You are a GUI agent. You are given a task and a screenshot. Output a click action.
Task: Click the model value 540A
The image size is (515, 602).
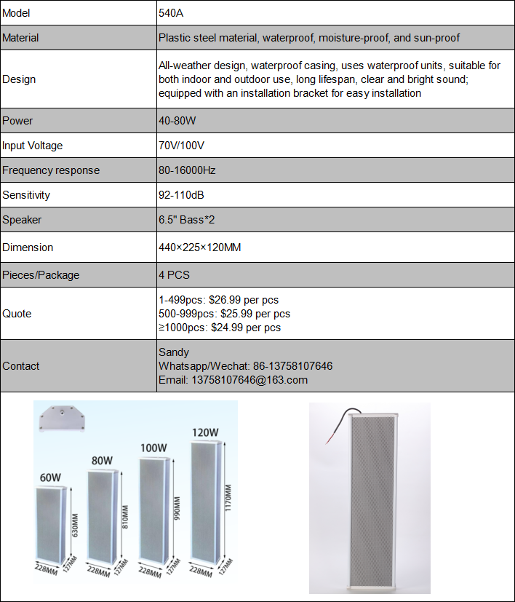point(171,13)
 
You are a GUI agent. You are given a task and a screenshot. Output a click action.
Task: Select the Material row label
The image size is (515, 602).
point(20,38)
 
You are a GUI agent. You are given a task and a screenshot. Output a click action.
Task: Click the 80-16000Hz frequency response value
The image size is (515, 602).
point(187,170)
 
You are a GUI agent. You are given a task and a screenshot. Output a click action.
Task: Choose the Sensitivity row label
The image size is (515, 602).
point(25,195)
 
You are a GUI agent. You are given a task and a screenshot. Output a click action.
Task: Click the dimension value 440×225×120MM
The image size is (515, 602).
point(200,247)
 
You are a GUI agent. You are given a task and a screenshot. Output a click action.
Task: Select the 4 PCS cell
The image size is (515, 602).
point(174,275)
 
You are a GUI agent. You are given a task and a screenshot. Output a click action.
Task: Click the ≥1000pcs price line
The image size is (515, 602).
point(220,328)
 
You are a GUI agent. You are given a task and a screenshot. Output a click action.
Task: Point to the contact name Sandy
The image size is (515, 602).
point(174,352)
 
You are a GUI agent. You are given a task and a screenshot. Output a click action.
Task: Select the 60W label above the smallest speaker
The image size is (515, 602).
point(50,478)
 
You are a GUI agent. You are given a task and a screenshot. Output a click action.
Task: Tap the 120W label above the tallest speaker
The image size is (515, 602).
point(205,432)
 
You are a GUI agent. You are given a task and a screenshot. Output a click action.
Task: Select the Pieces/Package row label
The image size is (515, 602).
point(41,275)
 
